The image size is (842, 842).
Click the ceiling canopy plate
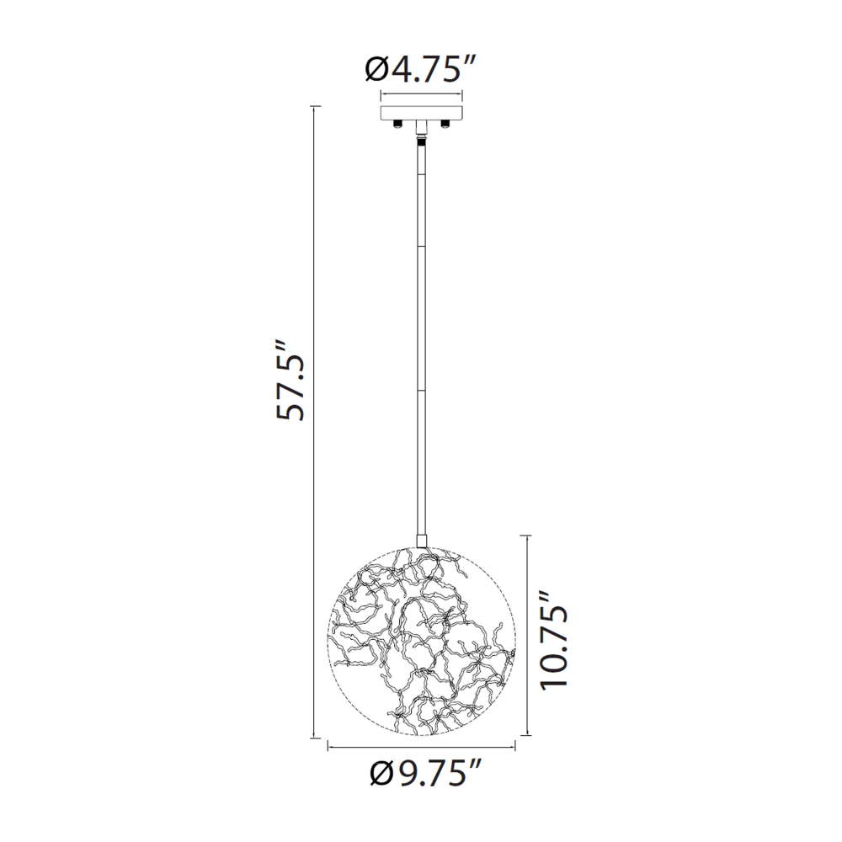422,113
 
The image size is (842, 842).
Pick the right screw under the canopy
445,124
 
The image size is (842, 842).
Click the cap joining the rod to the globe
422,541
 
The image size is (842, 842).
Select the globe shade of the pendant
422,641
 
